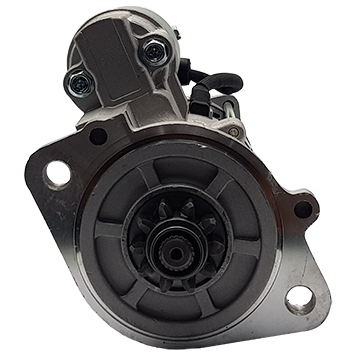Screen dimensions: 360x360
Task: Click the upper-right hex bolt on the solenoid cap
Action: (152, 52)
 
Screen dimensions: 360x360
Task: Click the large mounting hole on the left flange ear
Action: (57, 173)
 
